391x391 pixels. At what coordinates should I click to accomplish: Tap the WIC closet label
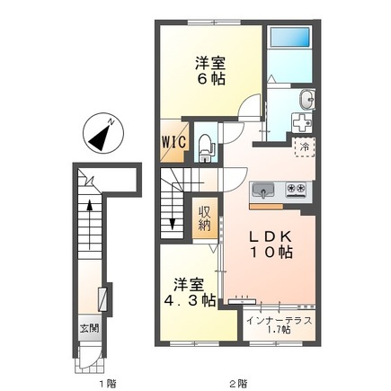tap(174, 142)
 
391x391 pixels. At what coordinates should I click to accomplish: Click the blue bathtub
tap(290, 39)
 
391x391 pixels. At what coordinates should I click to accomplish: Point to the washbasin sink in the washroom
tap(305, 98)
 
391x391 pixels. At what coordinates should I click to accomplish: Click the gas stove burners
tap(296, 190)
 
